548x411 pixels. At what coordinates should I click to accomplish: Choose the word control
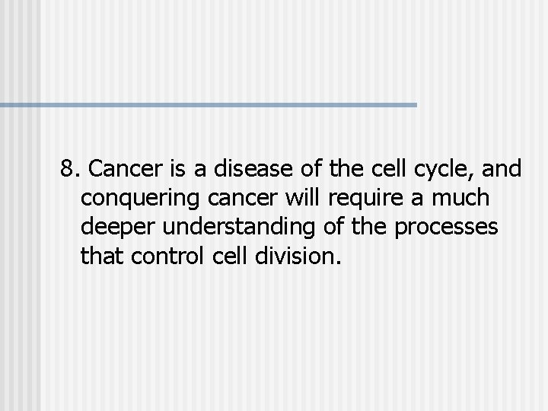(160, 256)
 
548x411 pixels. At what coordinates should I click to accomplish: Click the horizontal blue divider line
(209, 104)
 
